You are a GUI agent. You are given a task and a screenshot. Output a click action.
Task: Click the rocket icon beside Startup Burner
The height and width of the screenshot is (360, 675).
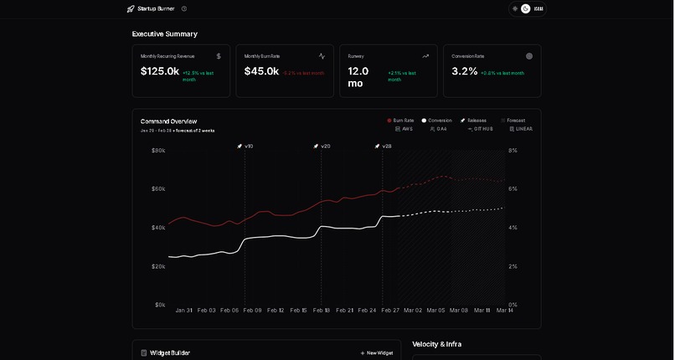point(131,8)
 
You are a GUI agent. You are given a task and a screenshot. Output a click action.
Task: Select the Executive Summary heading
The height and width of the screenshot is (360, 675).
point(164,33)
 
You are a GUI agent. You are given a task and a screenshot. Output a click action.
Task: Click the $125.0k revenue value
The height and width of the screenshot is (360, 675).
point(159,71)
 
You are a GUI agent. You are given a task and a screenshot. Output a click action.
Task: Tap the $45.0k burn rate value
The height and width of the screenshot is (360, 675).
point(261,71)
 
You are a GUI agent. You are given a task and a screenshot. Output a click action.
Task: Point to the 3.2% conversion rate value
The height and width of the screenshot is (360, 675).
point(464,71)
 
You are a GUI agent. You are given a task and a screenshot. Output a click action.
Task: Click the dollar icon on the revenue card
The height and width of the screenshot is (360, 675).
point(219,56)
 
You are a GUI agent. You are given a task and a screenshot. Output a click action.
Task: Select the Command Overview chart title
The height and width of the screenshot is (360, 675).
point(168,121)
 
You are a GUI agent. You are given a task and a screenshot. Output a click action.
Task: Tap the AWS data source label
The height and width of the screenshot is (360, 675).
point(406,129)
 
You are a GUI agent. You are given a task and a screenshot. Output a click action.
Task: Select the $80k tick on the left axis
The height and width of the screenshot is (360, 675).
point(158,151)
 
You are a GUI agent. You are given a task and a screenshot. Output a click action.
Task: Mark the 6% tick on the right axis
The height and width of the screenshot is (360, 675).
point(513,189)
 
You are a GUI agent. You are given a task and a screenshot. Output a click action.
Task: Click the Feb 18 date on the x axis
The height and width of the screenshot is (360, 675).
point(322,310)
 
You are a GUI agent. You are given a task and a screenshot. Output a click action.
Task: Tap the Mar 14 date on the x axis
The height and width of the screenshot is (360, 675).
point(505,310)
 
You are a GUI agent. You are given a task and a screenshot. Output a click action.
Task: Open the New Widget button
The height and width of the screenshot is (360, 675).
point(376,352)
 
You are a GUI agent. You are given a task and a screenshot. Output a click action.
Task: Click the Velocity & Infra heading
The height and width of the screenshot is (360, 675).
point(436,344)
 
